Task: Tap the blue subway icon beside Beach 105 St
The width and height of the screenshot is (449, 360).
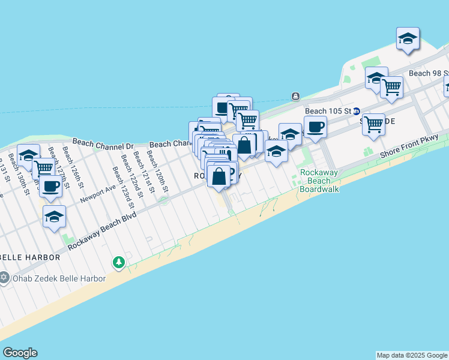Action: (356, 111)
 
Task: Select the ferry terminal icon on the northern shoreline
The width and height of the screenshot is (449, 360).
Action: (295, 96)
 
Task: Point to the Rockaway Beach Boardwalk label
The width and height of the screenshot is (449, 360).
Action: (319, 181)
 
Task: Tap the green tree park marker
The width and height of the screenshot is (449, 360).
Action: (119, 262)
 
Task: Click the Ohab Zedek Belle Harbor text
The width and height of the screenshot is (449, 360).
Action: (58, 278)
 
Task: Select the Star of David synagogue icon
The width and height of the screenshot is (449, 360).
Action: (4, 278)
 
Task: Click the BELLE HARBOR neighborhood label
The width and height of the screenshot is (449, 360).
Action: (30, 257)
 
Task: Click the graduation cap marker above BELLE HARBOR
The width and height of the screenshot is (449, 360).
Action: (54, 216)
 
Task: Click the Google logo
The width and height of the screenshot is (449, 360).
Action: (20, 353)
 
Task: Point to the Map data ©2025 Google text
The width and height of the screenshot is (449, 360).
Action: (412, 355)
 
